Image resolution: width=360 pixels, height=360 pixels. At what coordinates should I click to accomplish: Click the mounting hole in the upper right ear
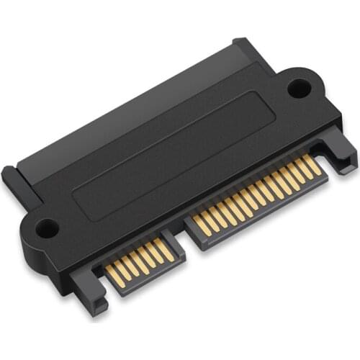tap(297, 88)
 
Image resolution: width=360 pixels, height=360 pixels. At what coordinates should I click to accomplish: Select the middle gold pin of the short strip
tap(141, 261)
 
